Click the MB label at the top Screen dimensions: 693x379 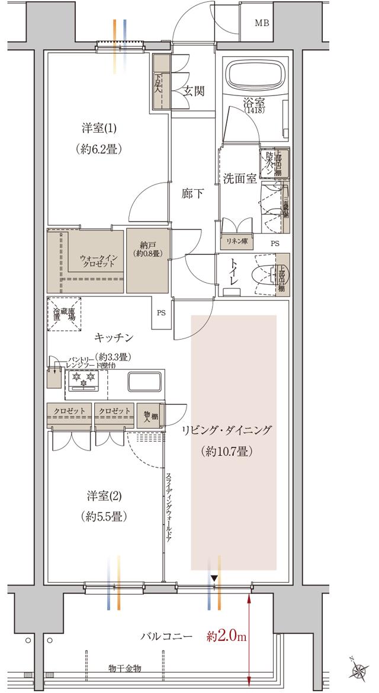click(262, 24)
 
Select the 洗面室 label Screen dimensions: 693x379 click(239, 178)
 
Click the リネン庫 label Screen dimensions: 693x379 click(237, 242)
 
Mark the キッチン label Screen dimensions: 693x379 click(113, 337)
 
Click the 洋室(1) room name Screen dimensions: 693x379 click(99, 128)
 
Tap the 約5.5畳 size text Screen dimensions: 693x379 click(104, 516)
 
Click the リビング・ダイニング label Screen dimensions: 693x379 click(226, 430)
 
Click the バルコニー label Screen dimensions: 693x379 click(166, 637)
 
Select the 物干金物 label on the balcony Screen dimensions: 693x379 click(126, 668)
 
